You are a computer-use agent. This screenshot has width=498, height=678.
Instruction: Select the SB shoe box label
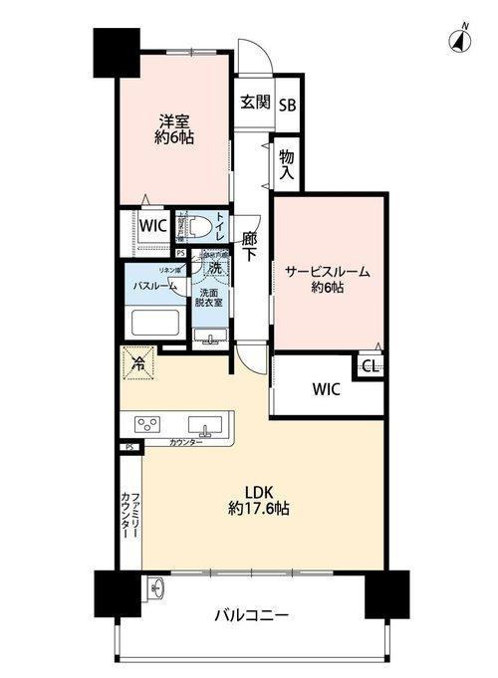pos(287,104)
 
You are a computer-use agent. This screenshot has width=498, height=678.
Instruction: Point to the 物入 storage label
pos(287,164)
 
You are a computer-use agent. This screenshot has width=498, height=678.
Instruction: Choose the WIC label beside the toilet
pos(152,225)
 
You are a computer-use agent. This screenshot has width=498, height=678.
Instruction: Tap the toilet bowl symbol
pos(195,226)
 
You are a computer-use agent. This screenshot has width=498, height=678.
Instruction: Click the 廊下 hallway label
pos(251,245)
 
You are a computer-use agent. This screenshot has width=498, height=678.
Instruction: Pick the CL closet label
pos(369,367)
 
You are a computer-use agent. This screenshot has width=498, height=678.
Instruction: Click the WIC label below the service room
pos(326,388)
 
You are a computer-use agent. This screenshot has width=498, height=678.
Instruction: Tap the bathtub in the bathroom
pos(154,323)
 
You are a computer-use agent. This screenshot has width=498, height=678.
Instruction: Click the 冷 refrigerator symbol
pos(137,362)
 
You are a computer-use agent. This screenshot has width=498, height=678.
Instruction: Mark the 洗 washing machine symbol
pos(213,268)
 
